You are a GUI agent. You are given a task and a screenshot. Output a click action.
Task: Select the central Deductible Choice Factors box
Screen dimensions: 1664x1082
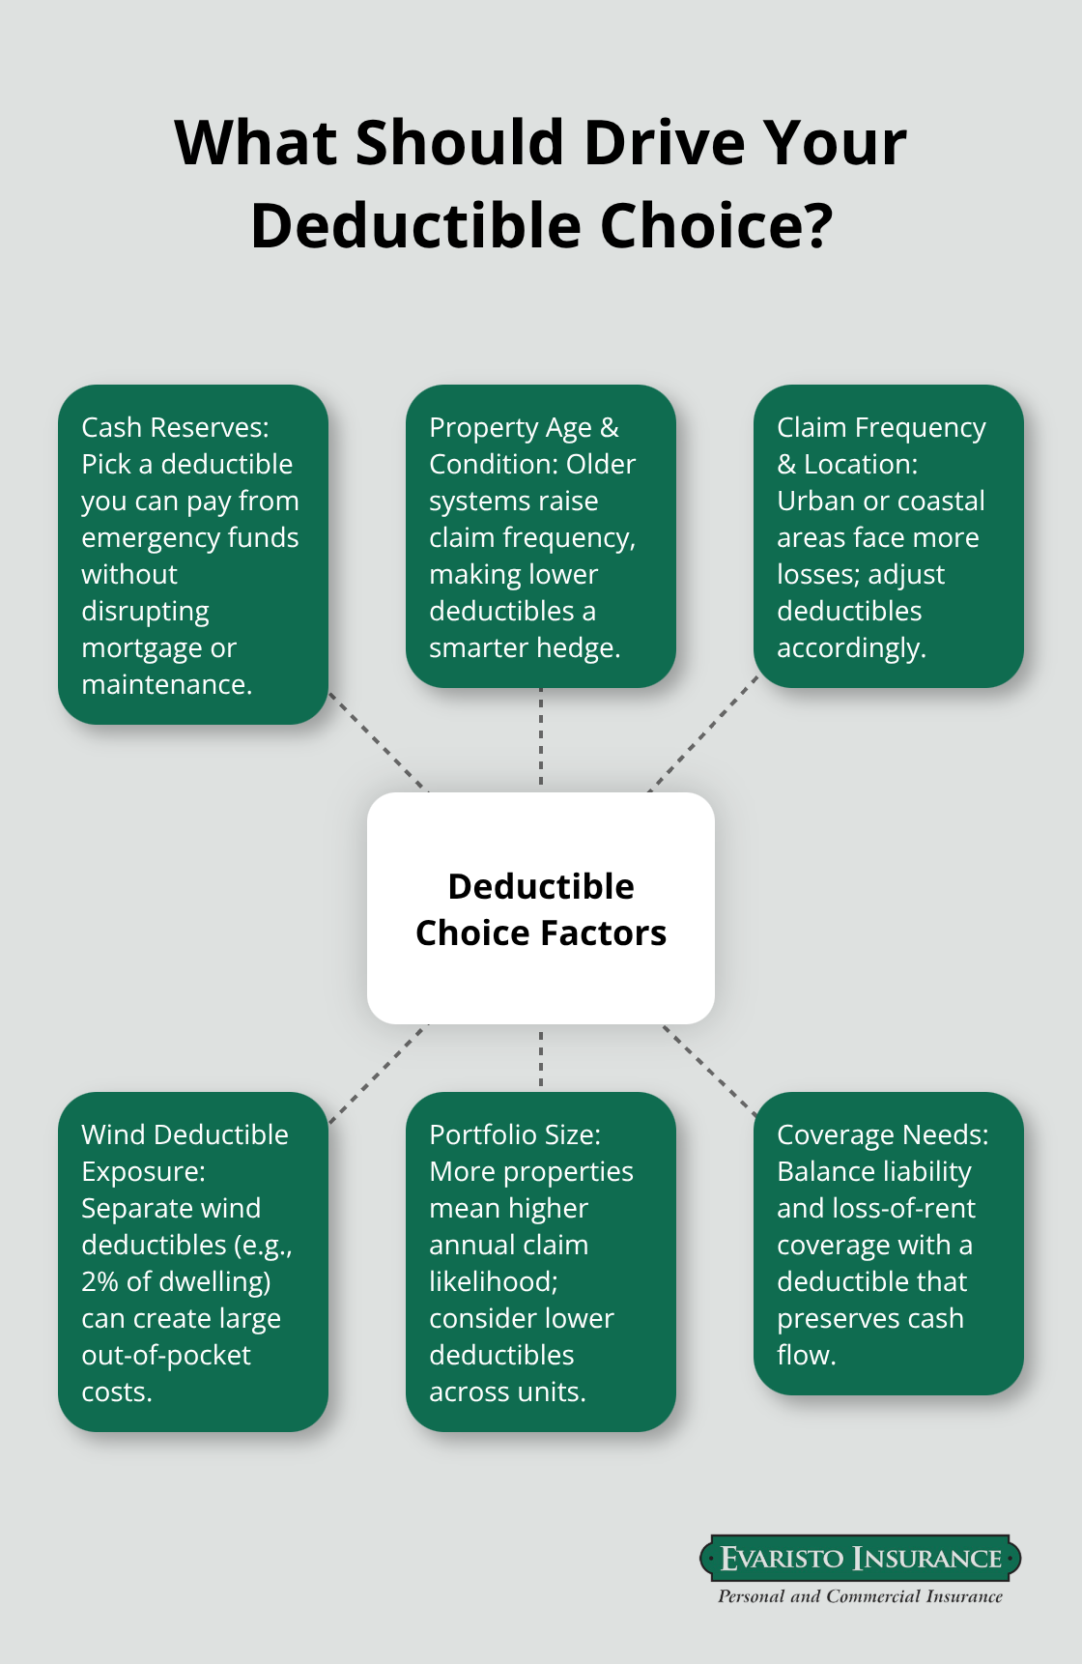click(x=541, y=908)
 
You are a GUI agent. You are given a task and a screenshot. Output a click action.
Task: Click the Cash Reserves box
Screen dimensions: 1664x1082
click(x=193, y=555)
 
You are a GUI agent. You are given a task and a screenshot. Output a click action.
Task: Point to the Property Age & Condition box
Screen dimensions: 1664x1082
click(x=541, y=536)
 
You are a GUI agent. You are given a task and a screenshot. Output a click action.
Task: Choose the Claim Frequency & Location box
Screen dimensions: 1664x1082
click(x=889, y=536)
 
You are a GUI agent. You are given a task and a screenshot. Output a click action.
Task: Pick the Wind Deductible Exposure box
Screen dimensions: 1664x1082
click(x=193, y=1262)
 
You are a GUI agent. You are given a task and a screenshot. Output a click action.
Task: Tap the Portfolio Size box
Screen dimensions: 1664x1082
click(x=541, y=1262)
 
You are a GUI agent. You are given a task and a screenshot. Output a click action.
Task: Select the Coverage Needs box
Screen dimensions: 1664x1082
click(x=889, y=1244)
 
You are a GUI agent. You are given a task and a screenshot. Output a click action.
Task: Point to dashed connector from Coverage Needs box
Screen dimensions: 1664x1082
click(x=710, y=1071)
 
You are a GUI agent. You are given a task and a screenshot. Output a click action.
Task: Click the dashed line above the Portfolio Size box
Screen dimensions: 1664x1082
click(x=541, y=1058)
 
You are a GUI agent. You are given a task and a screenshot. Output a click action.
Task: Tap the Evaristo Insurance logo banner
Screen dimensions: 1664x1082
click(x=860, y=1558)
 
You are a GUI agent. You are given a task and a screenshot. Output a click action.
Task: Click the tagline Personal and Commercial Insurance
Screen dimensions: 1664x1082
click(x=860, y=1596)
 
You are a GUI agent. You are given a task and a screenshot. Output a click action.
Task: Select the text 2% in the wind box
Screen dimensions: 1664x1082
click(x=100, y=1281)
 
